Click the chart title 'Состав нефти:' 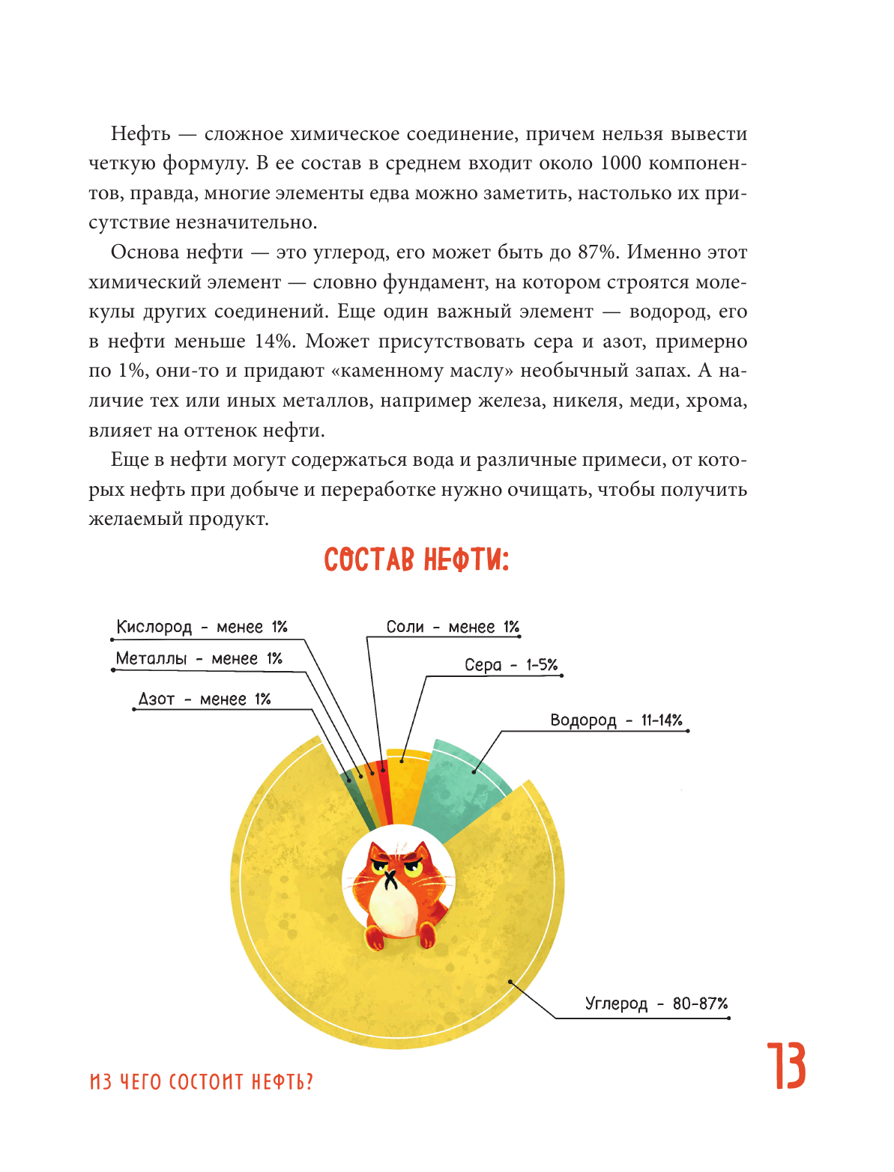(416, 559)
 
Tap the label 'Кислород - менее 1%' (202, 627)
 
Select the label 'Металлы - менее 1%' (199, 659)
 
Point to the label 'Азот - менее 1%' (204, 699)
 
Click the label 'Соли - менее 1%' (453, 627)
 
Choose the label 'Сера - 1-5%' (510, 665)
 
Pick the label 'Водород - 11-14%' (616, 720)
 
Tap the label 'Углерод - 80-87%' (656, 1004)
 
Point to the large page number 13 (785, 1066)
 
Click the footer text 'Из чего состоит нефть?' (201, 1082)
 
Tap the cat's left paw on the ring (374, 936)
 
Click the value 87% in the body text (596, 252)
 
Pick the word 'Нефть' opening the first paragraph (141, 134)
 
